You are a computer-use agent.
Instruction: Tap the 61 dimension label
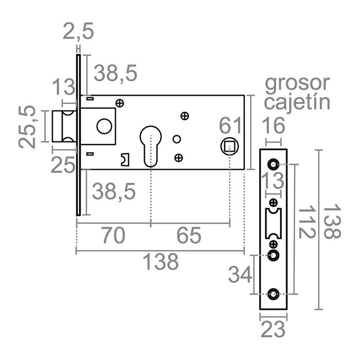coord(231,126)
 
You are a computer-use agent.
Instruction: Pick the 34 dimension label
coord(240,275)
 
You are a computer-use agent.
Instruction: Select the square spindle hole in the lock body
coord(229,146)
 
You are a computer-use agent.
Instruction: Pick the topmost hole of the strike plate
coord(273,165)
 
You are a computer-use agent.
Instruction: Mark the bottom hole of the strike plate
coord(273,294)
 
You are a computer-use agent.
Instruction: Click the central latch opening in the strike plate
coord(273,222)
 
